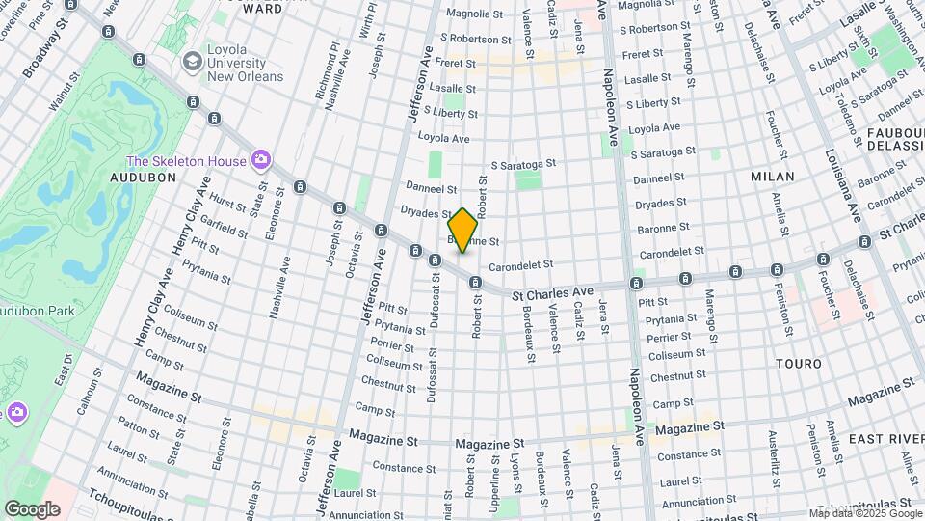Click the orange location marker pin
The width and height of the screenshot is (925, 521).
coord(462,230)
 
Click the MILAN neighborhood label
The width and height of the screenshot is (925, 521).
coord(773,177)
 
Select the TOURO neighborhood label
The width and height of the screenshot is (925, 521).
coord(800,364)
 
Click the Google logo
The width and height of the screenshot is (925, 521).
coord(32,508)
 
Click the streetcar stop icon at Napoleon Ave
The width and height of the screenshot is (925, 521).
coord(636,283)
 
